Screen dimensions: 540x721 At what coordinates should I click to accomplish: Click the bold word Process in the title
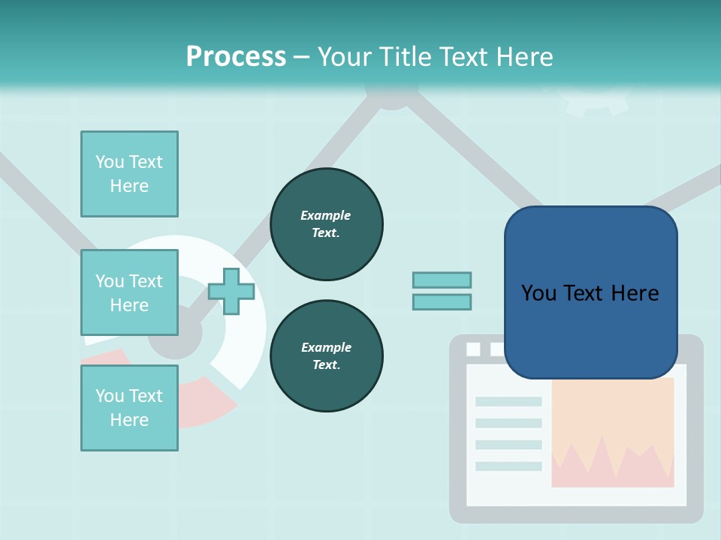pyautogui.click(x=236, y=56)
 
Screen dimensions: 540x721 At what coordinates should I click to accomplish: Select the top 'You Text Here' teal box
pyautogui.click(x=129, y=174)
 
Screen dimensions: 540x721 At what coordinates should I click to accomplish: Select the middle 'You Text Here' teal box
pyautogui.click(x=129, y=292)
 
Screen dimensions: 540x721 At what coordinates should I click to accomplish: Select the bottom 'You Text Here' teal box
pyautogui.click(x=129, y=407)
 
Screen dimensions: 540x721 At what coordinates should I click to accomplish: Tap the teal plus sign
pyautogui.click(x=231, y=291)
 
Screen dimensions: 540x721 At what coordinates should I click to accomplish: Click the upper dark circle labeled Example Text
pyautogui.click(x=327, y=223)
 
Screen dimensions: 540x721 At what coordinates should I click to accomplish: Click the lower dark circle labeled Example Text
pyautogui.click(x=327, y=355)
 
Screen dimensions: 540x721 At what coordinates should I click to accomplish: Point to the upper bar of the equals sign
pyautogui.click(x=442, y=280)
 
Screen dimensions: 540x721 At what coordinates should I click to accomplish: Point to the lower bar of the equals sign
pyautogui.click(x=442, y=301)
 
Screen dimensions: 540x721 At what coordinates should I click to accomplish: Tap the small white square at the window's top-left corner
pyautogui.click(x=473, y=349)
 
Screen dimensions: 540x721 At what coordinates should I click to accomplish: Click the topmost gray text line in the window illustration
pyautogui.click(x=508, y=401)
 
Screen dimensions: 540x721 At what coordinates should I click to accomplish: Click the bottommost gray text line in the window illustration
pyautogui.click(x=508, y=466)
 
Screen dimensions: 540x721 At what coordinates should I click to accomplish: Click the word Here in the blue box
pyautogui.click(x=635, y=293)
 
